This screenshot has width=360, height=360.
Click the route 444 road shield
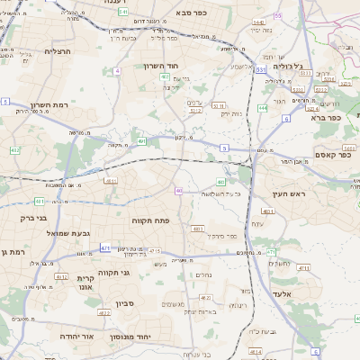tap(262, 108)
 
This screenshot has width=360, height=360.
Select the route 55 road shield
tap(277, 15)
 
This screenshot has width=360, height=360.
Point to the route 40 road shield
tap(179, 191)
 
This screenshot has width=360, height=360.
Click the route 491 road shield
tap(142, 141)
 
